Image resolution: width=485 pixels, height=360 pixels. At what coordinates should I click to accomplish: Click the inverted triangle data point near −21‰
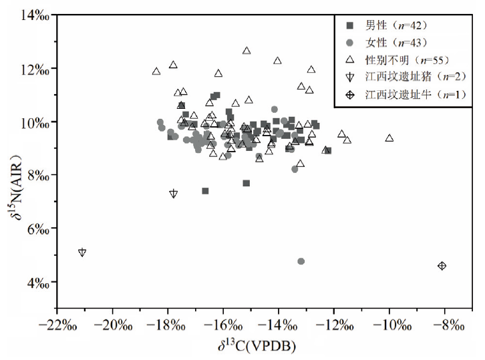point(82,252)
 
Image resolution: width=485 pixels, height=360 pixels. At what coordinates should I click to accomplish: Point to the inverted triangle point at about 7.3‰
point(174,194)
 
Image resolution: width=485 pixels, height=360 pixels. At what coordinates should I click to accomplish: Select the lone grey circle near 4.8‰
point(301,261)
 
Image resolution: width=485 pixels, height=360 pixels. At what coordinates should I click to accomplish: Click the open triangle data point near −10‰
point(389,138)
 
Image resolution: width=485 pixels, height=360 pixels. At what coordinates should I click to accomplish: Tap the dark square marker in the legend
point(350,25)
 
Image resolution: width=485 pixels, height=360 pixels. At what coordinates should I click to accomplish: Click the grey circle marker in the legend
point(350,43)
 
